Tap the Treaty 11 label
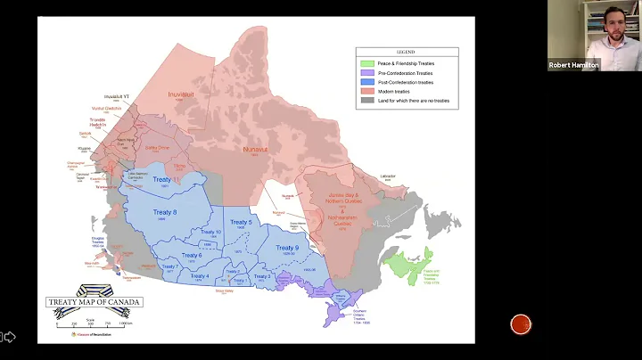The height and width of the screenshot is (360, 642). [x=162, y=179]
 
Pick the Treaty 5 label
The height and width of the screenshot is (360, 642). [x=241, y=222]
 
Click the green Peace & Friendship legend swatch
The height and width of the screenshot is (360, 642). [x=366, y=63]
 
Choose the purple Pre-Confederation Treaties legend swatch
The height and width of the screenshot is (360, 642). [x=366, y=72]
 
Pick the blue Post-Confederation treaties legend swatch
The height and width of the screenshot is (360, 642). [x=366, y=81]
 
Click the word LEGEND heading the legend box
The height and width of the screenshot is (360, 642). [x=407, y=53]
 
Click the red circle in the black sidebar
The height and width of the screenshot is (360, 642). [x=522, y=324]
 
